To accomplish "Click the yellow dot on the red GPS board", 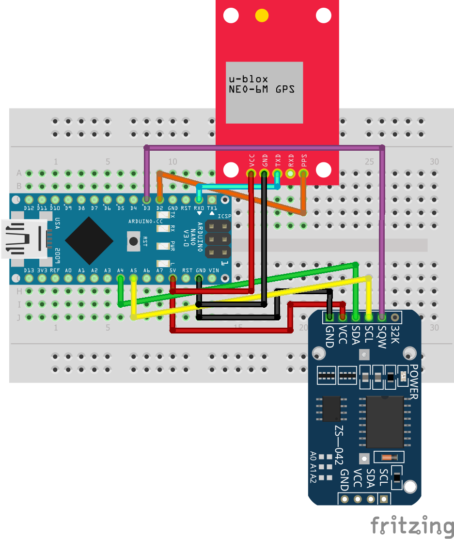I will [x=262, y=16].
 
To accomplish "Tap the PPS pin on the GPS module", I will [x=304, y=173].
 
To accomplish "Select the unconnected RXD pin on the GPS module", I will [x=291, y=173].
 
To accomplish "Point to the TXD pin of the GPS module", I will [x=278, y=173].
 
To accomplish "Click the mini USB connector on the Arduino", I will [x=24, y=238].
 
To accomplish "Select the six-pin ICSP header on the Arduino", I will [x=218, y=239].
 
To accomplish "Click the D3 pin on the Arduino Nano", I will [x=146, y=199].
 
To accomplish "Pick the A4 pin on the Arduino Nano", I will [x=120, y=278].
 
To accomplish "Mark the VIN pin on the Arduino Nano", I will [x=212, y=278].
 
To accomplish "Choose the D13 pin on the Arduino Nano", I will [x=29, y=278].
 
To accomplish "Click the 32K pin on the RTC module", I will [x=395, y=317].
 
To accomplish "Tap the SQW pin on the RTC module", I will [x=382, y=317].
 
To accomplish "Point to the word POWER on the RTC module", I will [x=413, y=382].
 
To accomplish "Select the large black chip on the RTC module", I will [x=385, y=422].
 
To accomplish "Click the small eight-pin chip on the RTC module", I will [x=331, y=409].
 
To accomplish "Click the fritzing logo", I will [x=412, y=525].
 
